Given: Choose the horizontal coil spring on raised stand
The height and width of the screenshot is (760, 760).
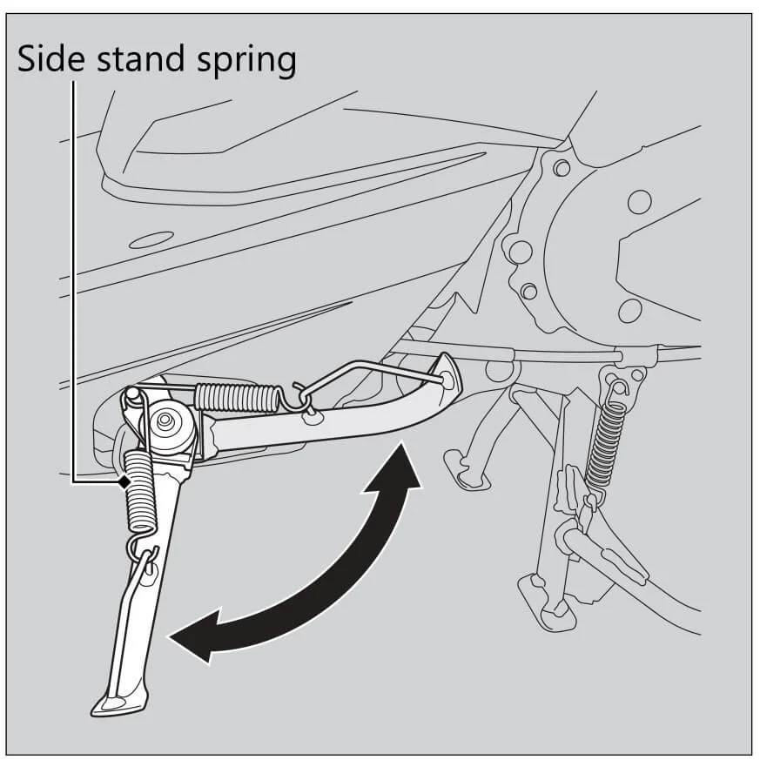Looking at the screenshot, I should tap(237, 397).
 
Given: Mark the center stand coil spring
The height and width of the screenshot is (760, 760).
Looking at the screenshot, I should tap(607, 443).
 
